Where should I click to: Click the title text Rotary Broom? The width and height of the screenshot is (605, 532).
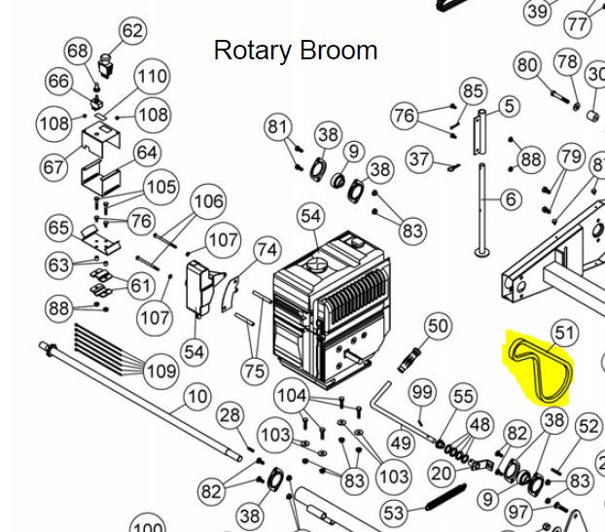click(x=295, y=50)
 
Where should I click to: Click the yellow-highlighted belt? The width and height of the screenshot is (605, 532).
click(x=540, y=369)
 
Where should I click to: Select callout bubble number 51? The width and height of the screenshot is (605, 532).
click(x=564, y=335)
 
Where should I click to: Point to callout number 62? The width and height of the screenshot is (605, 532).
click(x=131, y=31)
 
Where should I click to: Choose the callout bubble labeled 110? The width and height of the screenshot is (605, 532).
click(x=151, y=77)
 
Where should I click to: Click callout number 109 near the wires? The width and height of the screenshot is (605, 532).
click(x=161, y=371)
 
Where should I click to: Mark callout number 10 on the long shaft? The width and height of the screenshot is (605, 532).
click(x=197, y=396)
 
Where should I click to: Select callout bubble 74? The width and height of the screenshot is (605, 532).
click(x=266, y=251)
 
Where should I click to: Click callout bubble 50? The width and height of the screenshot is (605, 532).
click(x=438, y=325)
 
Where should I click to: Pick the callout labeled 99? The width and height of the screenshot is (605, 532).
click(x=422, y=392)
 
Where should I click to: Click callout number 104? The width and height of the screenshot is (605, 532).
click(x=291, y=396)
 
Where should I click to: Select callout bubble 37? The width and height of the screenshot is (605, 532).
click(x=419, y=158)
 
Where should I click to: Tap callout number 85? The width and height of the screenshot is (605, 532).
click(x=473, y=91)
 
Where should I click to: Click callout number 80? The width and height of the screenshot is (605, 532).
click(x=527, y=65)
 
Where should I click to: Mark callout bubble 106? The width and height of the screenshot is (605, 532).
click(x=208, y=202)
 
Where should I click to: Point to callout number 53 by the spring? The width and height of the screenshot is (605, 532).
click(x=393, y=513)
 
